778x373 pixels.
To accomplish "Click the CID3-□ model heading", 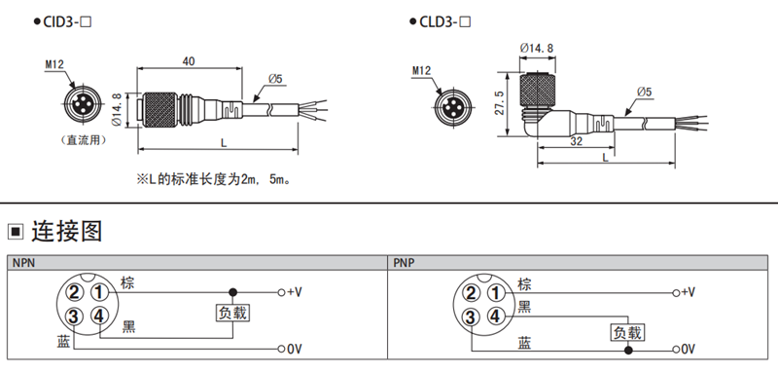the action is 67,21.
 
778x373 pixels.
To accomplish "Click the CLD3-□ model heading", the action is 444,21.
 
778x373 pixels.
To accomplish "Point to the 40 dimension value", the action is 189,61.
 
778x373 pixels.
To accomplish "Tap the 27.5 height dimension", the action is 500,103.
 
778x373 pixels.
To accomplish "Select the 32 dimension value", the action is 576,141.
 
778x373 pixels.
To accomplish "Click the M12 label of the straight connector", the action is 54,64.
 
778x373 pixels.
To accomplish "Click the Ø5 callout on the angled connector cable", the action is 644,92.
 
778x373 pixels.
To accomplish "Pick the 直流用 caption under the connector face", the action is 83,140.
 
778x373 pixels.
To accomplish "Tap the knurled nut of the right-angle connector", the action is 538,91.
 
